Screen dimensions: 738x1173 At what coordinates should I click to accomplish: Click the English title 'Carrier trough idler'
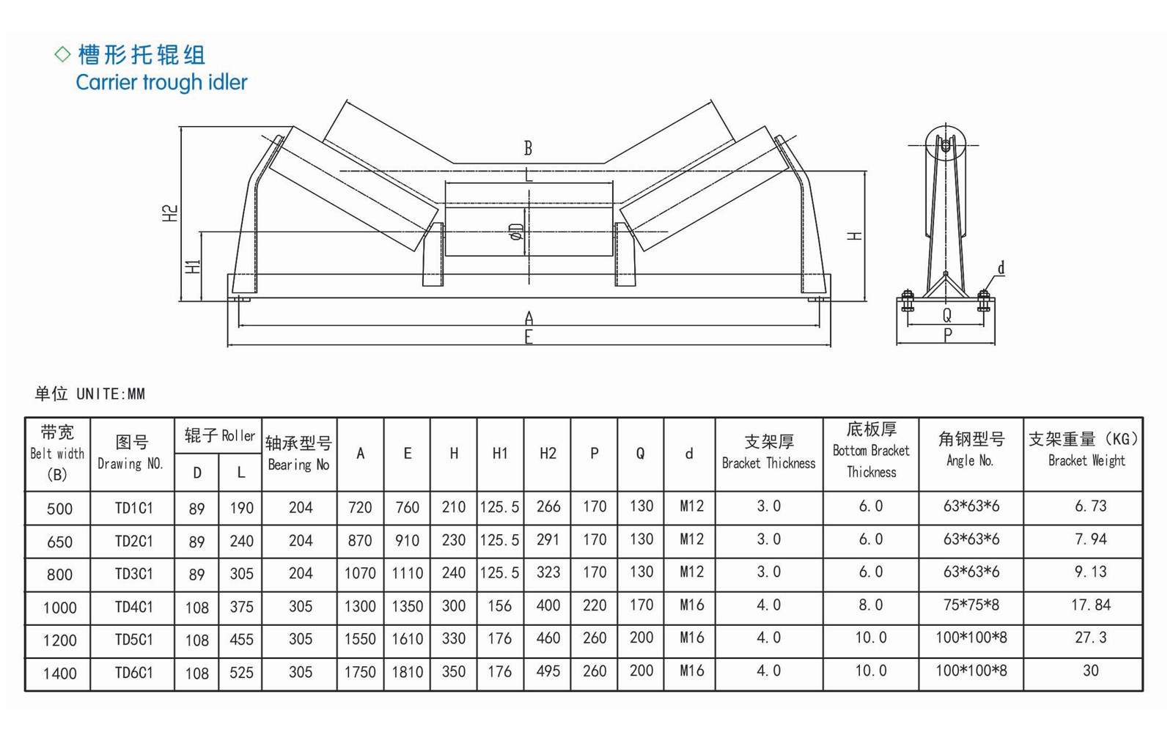coord(161,82)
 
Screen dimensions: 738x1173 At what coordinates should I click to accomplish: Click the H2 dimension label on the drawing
coord(170,213)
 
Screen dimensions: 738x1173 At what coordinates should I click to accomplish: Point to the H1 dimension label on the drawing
coord(193,267)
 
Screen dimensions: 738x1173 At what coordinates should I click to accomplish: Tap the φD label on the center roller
coord(517,232)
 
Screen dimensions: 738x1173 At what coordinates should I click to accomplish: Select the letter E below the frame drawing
coord(529,338)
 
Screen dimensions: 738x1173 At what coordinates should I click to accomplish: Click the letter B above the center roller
coord(528,149)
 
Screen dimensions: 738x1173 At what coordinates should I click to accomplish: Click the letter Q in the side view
coord(946,315)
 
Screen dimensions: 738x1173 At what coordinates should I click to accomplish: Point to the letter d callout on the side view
coord(1001,268)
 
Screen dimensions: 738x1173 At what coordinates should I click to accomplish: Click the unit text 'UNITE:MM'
coord(111,394)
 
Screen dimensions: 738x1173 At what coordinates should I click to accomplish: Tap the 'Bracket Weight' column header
coord(1086,461)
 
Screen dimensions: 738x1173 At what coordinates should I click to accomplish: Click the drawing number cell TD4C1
coord(133,607)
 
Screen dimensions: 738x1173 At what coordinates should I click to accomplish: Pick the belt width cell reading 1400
coord(59,673)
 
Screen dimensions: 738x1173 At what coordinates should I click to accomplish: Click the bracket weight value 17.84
coord(1090,605)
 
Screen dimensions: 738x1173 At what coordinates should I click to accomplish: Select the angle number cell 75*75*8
coord(971,605)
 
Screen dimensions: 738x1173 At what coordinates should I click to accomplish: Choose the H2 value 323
coord(548,572)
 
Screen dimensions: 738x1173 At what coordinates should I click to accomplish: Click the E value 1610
coord(407,638)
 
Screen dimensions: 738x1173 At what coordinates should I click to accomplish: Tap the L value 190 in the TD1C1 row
coord(241,508)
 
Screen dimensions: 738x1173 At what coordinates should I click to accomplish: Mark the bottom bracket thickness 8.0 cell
coord(870,605)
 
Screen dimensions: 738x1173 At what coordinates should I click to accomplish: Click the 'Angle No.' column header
coord(970,460)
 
